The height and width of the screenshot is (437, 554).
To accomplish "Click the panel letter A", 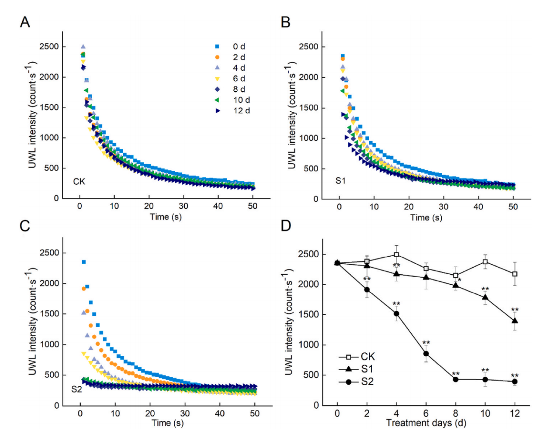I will (x=25, y=22).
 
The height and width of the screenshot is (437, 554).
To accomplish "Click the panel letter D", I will (x=286, y=226).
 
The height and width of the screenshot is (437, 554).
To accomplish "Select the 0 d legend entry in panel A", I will (x=239, y=46).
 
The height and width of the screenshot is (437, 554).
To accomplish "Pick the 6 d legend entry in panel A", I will (x=239, y=79).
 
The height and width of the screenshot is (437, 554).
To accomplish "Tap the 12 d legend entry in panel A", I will (x=241, y=110).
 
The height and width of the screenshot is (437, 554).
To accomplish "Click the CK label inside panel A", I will (x=79, y=181).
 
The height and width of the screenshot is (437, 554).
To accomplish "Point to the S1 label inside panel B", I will (x=340, y=180).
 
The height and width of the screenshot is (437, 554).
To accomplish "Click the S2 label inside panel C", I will (x=77, y=389).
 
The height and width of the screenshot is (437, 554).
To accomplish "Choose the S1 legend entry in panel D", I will (x=367, y=369).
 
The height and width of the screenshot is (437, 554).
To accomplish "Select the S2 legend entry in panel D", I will (x=367, y=382).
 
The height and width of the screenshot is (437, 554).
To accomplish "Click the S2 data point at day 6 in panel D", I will (x=426, y=354).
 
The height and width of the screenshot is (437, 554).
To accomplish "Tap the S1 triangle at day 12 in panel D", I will (x=515, y=320).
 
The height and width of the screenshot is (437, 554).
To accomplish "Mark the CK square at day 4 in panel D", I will (x=396, y=255).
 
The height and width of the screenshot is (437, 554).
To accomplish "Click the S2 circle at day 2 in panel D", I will (x=367, y=289).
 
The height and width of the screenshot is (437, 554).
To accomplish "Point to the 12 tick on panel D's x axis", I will (x=515, y=413).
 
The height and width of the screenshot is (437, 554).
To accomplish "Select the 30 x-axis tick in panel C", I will (x=185, y=413).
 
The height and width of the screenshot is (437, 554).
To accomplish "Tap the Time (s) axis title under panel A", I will (x=166, y=217).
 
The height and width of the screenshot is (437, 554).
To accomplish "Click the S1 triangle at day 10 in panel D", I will (x=485, y=297).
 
